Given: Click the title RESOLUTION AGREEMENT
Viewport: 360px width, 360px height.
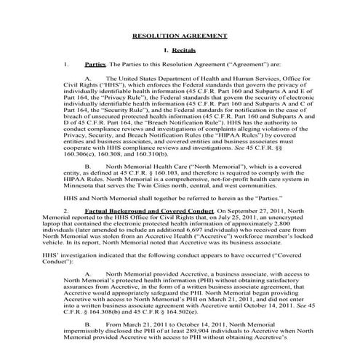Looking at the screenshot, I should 179,36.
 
